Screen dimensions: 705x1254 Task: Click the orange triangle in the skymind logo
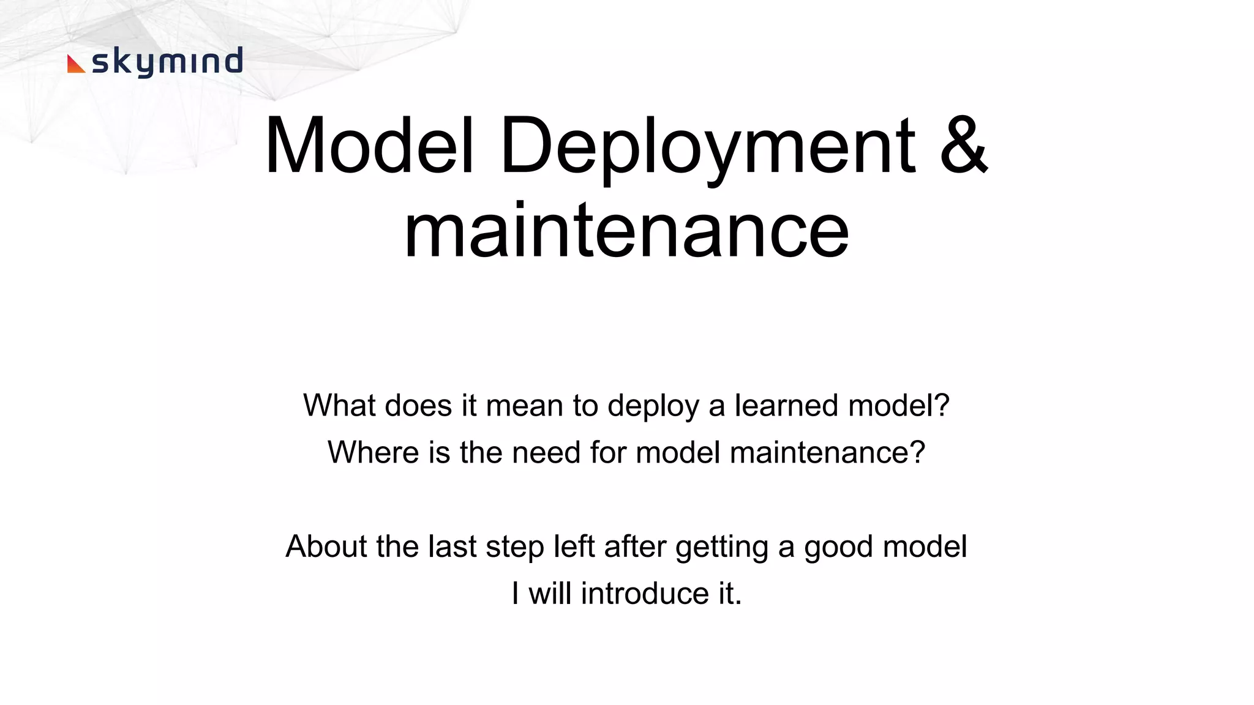coord(75,64)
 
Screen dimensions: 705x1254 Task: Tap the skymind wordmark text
coord(167,62)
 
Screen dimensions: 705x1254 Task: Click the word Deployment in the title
coord(707,147)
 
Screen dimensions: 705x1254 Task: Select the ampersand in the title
coord(963,146)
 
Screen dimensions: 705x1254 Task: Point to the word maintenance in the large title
coord(626,231)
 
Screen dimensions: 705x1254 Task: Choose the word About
coord(326,546)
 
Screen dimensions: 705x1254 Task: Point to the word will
coord(550,593)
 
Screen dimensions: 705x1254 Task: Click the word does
coord(418,405)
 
